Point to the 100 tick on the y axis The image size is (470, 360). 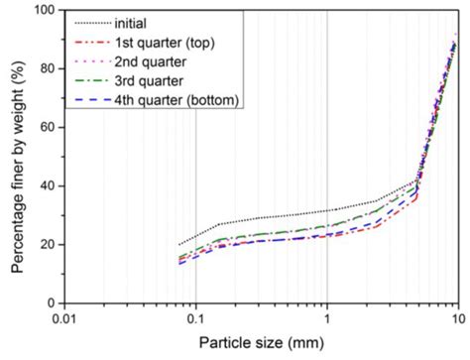pyautogui.click(x=47, y=10)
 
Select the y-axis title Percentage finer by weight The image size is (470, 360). pyautogui.click(x=17, y=157)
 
